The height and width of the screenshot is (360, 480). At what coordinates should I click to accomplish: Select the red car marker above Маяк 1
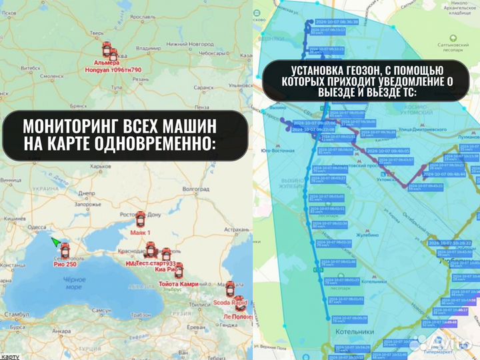tap(140, 219)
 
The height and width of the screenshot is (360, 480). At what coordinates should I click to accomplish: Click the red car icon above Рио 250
tap(64, 249)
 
